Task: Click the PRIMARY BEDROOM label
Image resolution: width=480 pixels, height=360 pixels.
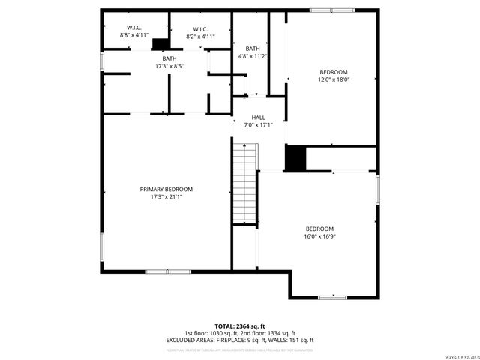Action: point(166,189)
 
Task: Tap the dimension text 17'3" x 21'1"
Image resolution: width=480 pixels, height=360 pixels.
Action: point(166,197)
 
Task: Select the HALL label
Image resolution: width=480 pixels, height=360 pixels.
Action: point(258,118)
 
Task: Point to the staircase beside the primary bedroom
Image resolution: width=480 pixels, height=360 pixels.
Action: point(244,183)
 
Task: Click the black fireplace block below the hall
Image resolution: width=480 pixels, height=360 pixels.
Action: point(295,158)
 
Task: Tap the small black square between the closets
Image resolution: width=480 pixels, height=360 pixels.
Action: point(160,44)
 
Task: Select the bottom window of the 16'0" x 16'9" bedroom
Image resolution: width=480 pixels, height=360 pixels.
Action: point(331,298)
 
